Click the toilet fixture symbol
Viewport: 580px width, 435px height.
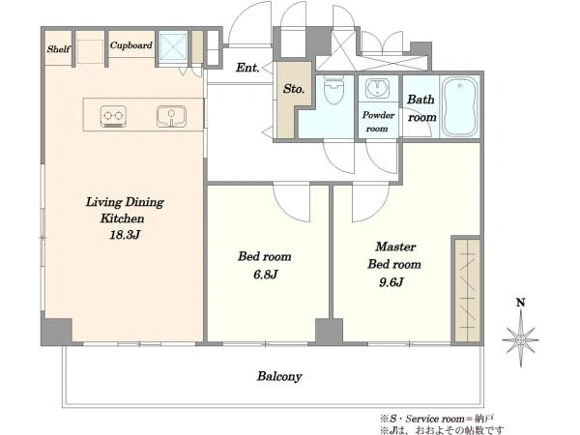click(333, 90)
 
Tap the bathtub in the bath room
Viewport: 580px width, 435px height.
click(460, 106)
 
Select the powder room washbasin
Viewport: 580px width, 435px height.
click(377, 88)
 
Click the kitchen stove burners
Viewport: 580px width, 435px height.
click(113, 117)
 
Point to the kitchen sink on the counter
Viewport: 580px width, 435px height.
click(171, 117)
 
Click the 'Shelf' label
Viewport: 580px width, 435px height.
click(58, 48)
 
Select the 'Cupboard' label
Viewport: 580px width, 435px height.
click(130, 45)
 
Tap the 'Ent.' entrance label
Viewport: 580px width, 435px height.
click(247, 68)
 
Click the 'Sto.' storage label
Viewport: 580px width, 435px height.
click(294, 89)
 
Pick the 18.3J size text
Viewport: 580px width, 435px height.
click(125, 235)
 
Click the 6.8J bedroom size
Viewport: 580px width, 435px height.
click(265, 275)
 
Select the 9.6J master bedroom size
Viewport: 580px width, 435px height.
click(391, 282)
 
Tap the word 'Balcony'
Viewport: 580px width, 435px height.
click(279, 377)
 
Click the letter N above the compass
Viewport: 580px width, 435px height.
click(521, 303)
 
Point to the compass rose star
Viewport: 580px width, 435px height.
click(521, 339)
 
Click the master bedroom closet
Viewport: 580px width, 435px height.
click(468, 291)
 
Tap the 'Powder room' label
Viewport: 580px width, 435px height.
click(378, 122)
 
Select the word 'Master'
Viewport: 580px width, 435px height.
click(395, 246)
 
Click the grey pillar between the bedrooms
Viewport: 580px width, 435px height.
click(329, 331)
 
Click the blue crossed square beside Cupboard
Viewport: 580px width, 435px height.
click(173, 45)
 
